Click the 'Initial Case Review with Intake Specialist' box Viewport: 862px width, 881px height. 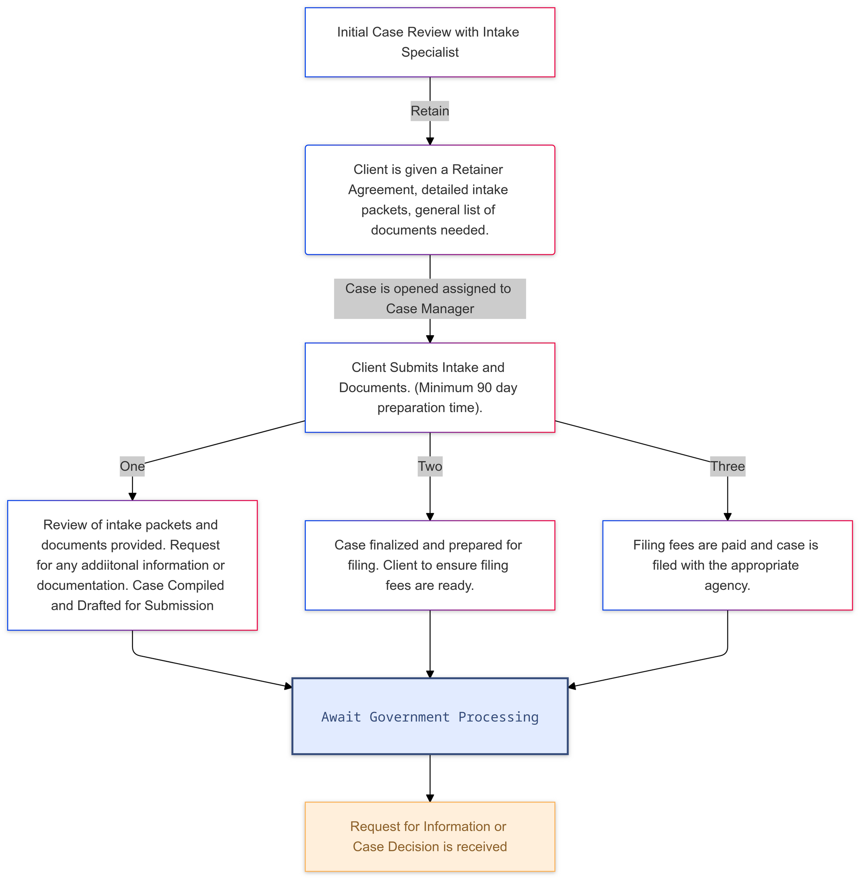pos(430,42)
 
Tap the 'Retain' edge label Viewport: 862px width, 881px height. pos(430,111)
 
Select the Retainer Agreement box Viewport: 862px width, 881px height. pos(430,200)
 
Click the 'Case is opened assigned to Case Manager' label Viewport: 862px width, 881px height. pos(430,298)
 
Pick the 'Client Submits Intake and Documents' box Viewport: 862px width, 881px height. pos(430,387)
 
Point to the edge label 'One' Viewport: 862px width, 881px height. pos(132,466)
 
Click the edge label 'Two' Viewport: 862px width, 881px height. pos(430,466)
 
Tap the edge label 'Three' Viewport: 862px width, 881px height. pos(728,466)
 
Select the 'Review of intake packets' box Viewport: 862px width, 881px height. pos(132,565)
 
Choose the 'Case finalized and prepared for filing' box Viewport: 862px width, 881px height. pos(430,565)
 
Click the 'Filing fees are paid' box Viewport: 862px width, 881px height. pos(728,565)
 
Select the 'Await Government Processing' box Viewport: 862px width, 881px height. pos(430,716)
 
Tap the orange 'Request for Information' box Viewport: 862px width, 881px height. pos(430,837)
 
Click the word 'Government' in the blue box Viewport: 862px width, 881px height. pos(410,717)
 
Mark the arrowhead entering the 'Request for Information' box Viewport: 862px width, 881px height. pos(430,797)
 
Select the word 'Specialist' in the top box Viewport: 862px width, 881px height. pos(430,53)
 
